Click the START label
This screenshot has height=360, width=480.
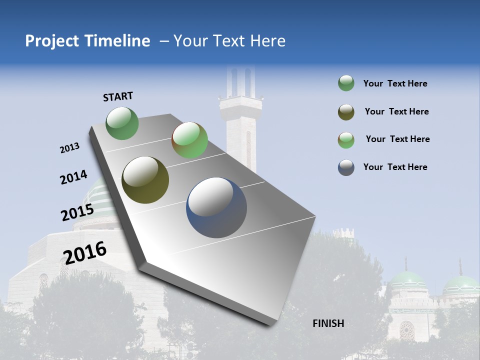click(118, 96)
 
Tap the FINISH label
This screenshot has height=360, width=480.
click(328, 323)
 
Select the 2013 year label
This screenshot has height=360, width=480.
click(69, 148)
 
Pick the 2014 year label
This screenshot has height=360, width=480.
click(73, 177)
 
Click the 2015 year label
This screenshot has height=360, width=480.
click(77, 213)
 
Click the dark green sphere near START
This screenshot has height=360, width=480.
click(122, 123)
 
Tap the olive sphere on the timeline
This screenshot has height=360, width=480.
click(145, 180)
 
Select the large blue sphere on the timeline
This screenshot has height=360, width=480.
click(216, 207)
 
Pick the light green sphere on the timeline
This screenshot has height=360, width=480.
click(189, 140)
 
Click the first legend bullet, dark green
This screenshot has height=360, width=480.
click(346, 83)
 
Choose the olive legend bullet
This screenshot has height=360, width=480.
click(346, 112)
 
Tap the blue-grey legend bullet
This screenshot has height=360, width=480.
click(346, 167)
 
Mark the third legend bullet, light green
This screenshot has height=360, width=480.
click(346, 140)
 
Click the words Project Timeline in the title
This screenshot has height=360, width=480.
click(87, 41)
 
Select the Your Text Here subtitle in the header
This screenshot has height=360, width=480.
click(229, 41)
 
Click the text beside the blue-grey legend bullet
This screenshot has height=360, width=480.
click(395, 167)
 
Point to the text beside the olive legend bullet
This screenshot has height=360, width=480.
click(396, 111)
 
